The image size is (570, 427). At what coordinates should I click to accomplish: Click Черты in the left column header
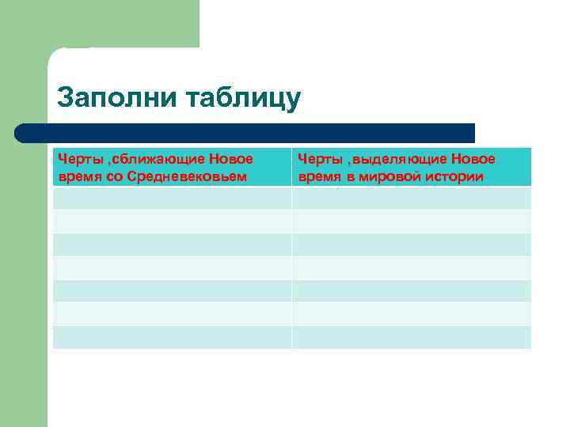77,160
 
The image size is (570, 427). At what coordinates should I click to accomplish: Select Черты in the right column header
317,160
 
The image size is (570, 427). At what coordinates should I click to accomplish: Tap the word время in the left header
78,176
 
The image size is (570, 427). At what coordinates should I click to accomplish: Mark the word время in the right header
318,176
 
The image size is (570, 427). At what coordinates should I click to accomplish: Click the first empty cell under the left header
172,198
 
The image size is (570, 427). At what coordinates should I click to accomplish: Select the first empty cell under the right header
411,198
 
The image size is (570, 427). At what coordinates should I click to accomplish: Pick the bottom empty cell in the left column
172,337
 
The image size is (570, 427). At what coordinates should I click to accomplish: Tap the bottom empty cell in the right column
411,337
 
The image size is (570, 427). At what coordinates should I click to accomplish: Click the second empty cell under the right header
411,221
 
